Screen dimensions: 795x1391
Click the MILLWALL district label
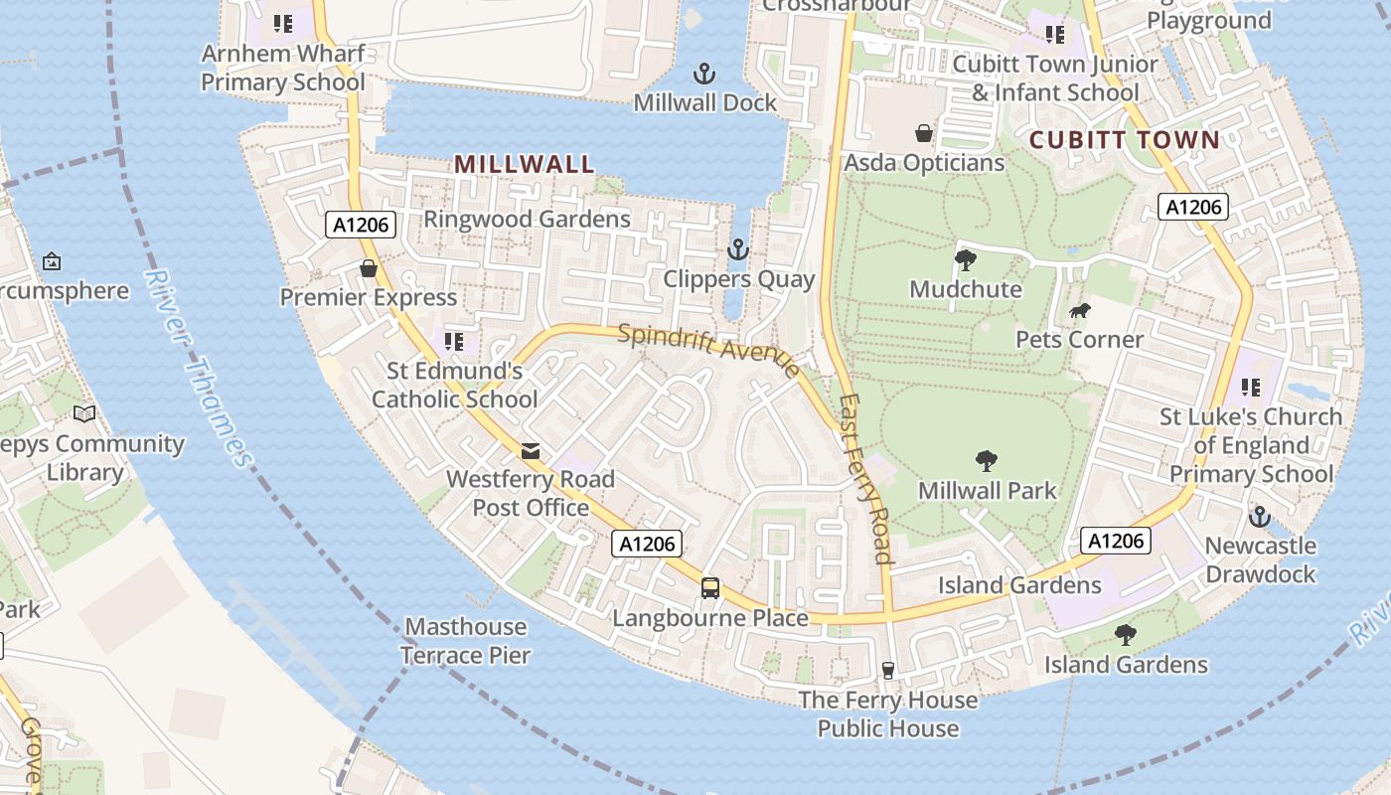[x=525, y=164]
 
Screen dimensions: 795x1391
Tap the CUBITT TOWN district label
[x=1124, y=139]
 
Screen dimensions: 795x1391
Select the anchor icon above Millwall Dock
[x=703, y=74]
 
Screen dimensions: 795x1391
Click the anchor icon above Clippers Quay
[x=737, y=248]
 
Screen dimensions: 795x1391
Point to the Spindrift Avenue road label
[x=708, y=349]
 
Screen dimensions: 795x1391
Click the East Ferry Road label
[x=865, y=479]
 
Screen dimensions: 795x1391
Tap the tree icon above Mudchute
[x=965, y=260]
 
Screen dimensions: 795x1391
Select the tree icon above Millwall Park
[x=986, y=460]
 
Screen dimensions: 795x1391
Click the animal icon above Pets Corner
[x=1079, y=312]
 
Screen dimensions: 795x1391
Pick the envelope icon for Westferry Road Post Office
[x=531, y=451]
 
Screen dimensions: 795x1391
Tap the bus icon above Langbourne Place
[x=709, y=587]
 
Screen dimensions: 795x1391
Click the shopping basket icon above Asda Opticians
[x=924, y=133]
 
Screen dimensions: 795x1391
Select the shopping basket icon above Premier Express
[x=369, y=268]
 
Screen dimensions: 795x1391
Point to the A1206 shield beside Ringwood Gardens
[x=362, y=226]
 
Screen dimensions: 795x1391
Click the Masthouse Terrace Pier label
[x=466, y=641]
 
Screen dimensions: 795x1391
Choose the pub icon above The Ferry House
[x=888, y=671]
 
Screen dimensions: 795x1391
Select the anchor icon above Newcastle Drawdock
[x=1260, y=517]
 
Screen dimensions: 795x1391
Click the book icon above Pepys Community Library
[x=85, y=413]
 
